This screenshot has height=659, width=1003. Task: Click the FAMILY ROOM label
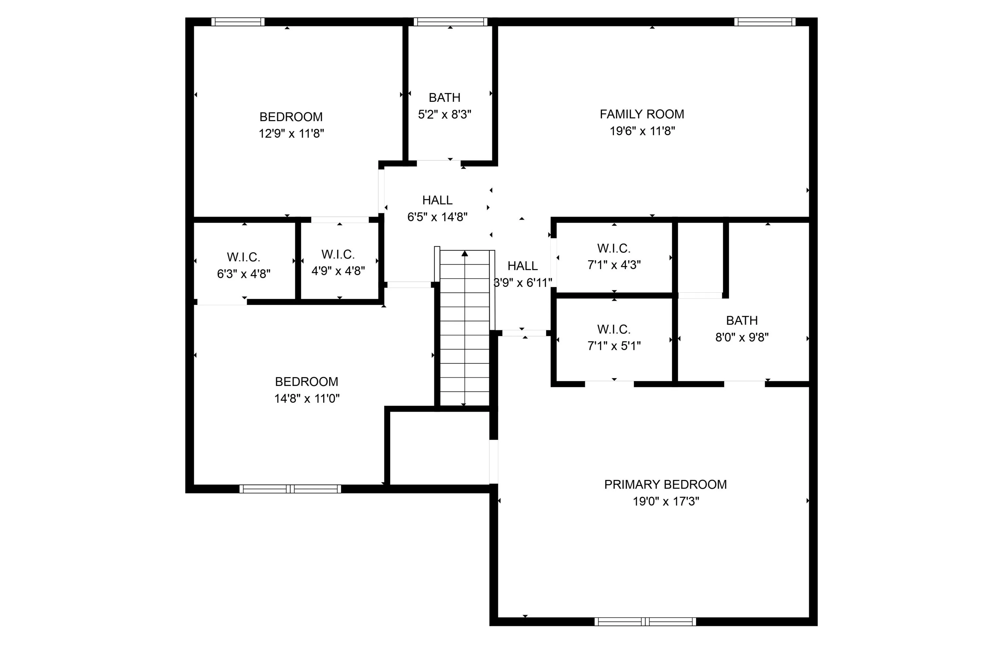click(642, 114)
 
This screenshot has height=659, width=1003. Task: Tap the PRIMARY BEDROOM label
click(665, 484)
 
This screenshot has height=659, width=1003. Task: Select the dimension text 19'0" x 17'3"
click(666, 501)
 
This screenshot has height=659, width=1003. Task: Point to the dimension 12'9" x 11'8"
click(291, 133)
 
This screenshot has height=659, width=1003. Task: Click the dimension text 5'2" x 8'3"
click(445, 114)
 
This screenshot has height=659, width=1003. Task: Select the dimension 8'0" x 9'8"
click(742, 337)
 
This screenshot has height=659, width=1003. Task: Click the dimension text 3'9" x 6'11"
click(523, 282)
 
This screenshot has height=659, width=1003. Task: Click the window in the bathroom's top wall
click(451, 22)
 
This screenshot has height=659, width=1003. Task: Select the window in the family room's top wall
click(765, 22)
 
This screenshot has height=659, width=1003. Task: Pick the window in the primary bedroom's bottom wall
click(645, 621)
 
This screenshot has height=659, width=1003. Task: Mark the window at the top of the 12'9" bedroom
click(238, 22)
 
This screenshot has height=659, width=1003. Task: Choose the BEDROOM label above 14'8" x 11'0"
click(306, 381)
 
